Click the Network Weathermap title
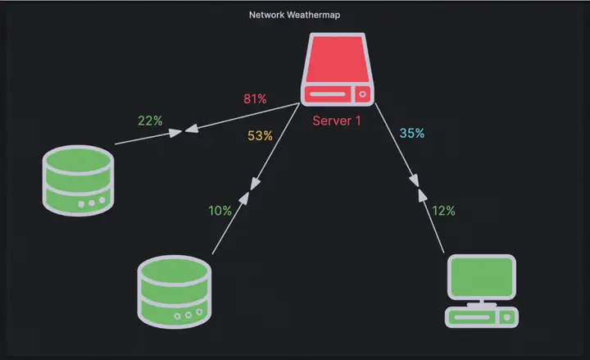click(x=295, y=15)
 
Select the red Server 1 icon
click(x=338, y=69)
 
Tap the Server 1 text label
click(x=337, y=121)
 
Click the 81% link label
click(x=255, y=98)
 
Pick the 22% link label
click(x=150, y=121)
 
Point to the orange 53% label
click(x=260, y=135)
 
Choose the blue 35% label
click(x=412, y=133)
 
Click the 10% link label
click(x=220, y=211)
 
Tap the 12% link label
click(x=443, y=211)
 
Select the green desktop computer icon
click(x=482, y=291)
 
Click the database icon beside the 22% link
click(x=79, y=180)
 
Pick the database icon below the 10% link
click(x=175, y=292)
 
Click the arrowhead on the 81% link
click(x=192, y=129)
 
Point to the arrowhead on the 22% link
click(x=175, y=133)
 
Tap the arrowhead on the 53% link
click(x=255, y=184)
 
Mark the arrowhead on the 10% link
click(x=244, y=198)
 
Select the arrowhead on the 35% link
click(x=414, y=180)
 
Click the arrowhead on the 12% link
click(x=423, y=195)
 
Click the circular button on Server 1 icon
click(x=363, y=94)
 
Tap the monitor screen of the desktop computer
click(x=482, y=277)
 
